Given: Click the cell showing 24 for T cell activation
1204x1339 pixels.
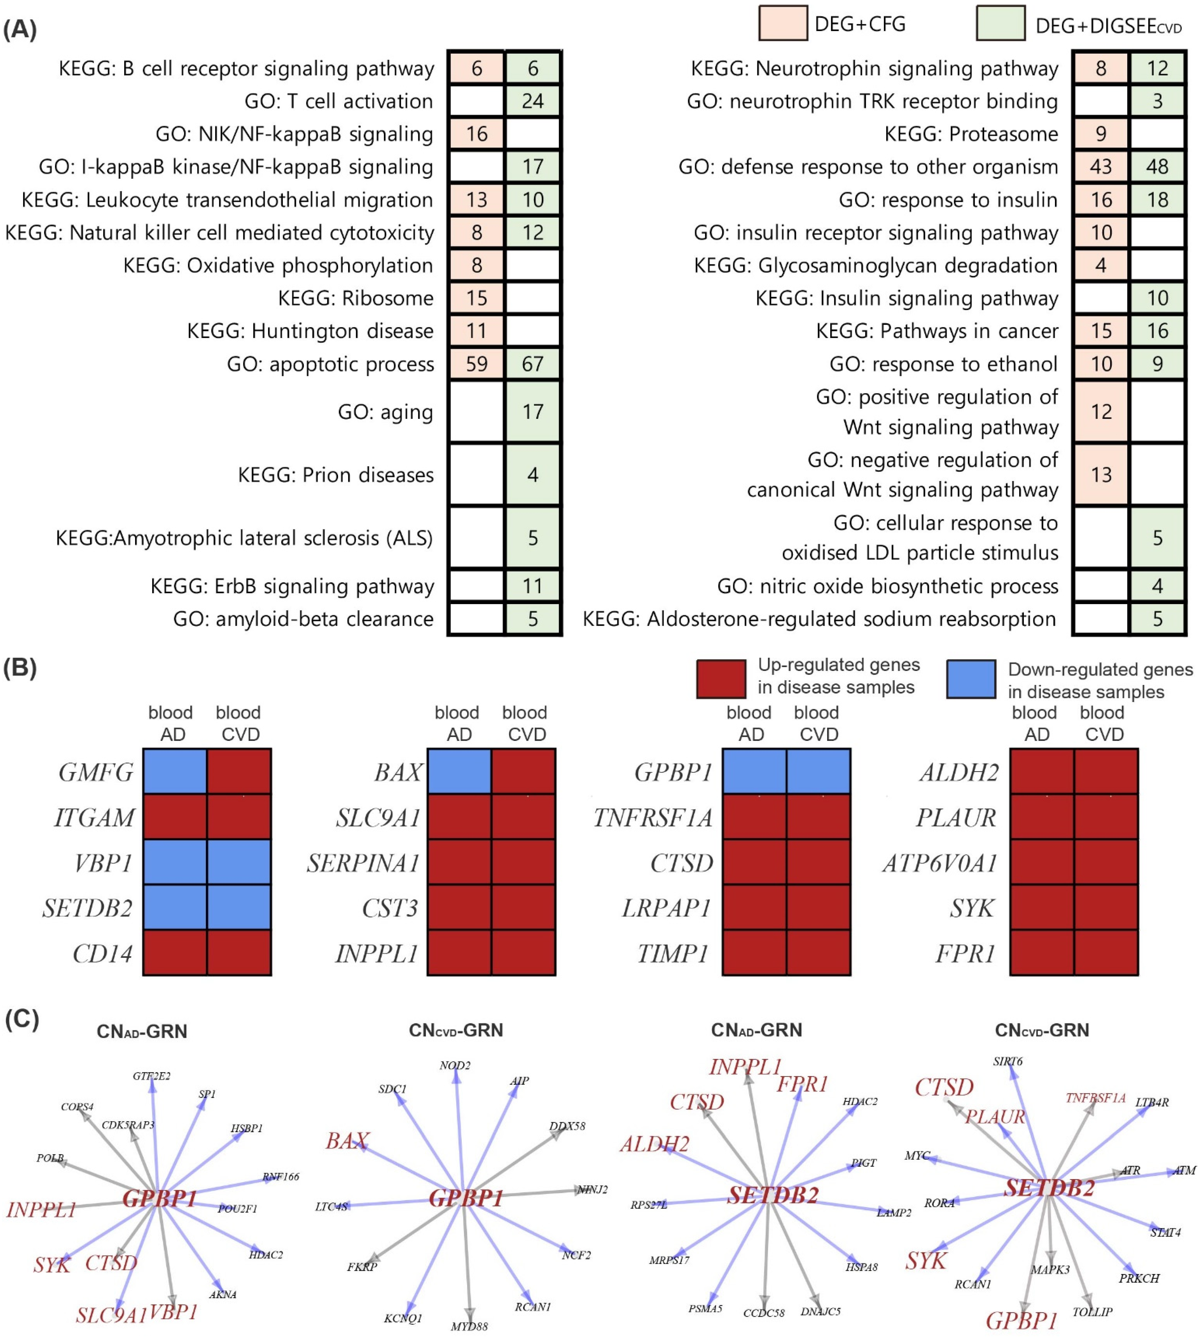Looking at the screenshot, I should (532, 101).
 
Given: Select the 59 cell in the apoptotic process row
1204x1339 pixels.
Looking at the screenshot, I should (476, 364).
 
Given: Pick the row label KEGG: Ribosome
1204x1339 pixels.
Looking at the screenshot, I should (355, 298).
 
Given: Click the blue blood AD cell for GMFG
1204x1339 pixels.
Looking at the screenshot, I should (175, 771).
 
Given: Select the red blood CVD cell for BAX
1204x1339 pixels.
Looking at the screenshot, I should (523, 771).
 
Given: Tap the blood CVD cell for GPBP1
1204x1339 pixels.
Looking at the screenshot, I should (818, 771).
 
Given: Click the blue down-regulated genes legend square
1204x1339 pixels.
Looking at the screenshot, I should (970, 679).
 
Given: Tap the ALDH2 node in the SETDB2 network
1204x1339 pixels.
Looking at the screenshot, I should (654, 1144).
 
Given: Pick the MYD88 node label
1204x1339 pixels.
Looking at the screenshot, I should (469, 1326).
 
